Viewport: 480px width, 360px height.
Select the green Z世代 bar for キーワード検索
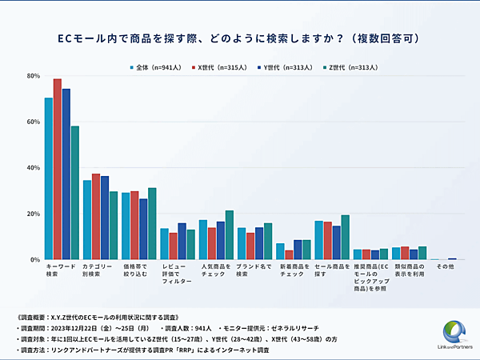(75, 193)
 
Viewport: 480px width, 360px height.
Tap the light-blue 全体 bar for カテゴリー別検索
(87, 220)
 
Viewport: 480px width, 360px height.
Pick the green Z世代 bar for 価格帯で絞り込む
(152, 224)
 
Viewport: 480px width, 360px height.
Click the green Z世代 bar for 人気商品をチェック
(230, 235)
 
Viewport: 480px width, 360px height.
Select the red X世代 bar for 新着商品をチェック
(288, 255)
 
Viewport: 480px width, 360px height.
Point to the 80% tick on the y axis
(34, 76)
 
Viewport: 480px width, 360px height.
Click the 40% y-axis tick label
(34, 168)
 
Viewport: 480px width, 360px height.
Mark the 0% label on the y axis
(35, 260)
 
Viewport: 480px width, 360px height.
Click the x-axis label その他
(444, 266)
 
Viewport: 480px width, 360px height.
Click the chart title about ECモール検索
(239, 38)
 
